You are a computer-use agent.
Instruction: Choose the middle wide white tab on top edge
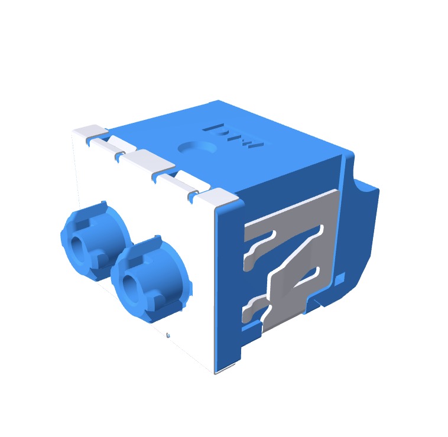pyautogui.click(x=145, y=159)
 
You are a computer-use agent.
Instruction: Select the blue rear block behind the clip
pyautogui.click(x=361, y=236)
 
